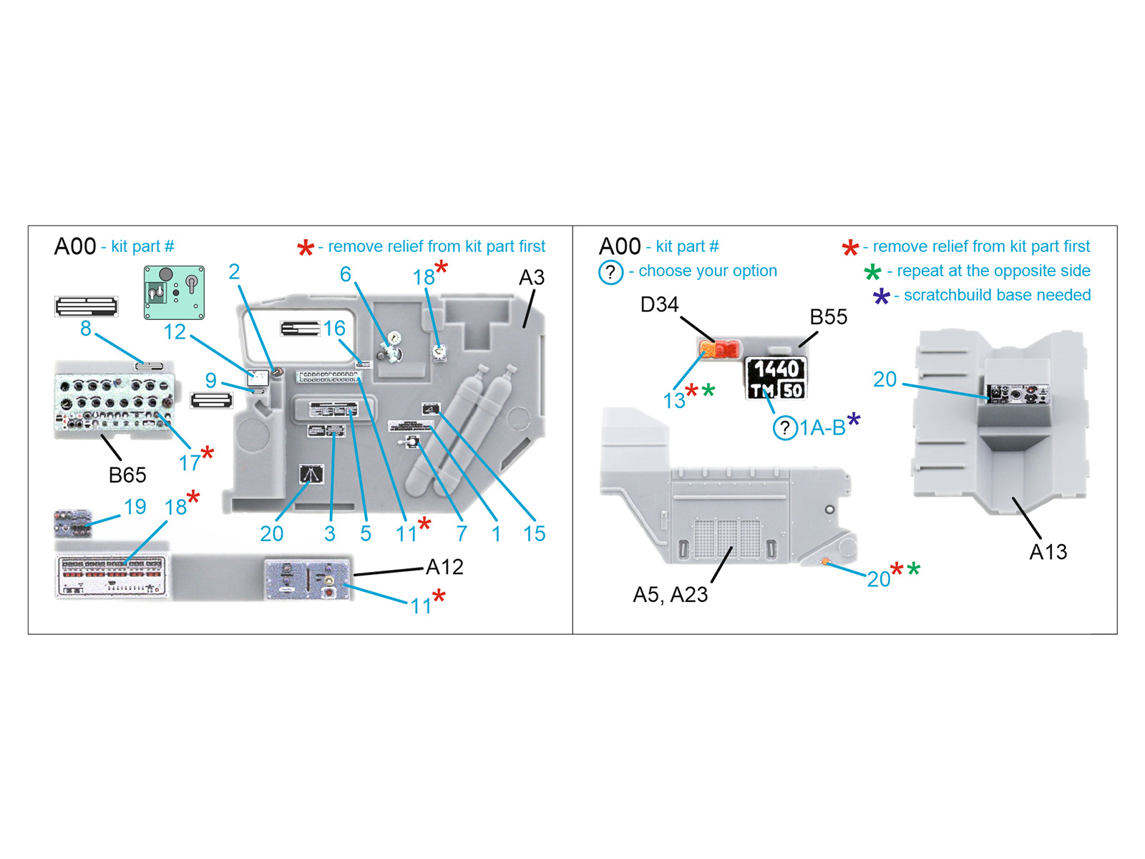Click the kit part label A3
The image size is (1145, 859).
[x=531, y=278]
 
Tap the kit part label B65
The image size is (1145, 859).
[x=127, y=475]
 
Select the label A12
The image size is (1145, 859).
[x=444, y=567]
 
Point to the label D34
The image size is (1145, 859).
[x=659, y=305]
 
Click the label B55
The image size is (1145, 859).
[x=828, y=317]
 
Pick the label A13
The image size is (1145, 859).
[x=1048, y=552]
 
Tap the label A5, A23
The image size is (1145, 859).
[x=670, y=595]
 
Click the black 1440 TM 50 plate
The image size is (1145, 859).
[x=776, y=379]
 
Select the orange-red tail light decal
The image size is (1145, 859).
[x=718, y=349]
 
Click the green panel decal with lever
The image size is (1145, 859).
[x=174, y=292]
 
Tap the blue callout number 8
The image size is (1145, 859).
[x=86, y=329]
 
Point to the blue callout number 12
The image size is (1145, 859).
[x=174, y=331]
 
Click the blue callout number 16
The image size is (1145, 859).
[x=334, y=328]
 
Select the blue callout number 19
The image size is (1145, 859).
[x=135, y=507]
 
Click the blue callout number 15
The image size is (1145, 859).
[x=534, y=533]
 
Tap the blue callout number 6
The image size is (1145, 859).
[x=346, y=274]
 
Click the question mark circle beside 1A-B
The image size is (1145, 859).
[x=785, y=428]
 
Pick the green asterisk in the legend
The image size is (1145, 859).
[x=872, y=272]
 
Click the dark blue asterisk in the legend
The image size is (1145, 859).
[x=881, y=296]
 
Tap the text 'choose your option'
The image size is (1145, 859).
[x=707, y=271]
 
